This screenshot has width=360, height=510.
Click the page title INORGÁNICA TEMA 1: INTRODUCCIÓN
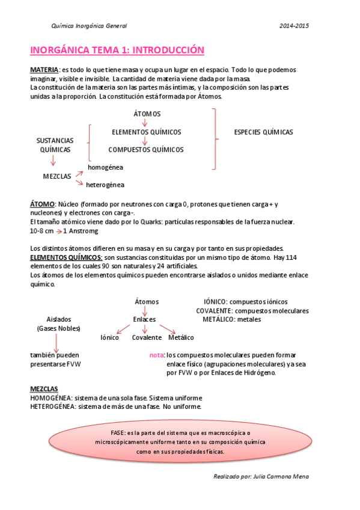point(117,50)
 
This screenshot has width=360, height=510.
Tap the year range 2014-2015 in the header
point(294,26)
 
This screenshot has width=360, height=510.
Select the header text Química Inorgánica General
point(89,26)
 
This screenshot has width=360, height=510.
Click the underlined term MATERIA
point(44,70)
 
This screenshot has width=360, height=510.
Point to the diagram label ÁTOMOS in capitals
point(147,114)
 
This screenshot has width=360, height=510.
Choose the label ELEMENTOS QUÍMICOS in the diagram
point(147,132)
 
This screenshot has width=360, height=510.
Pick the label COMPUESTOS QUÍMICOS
point(146,149)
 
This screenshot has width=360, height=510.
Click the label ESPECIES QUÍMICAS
point(263,132)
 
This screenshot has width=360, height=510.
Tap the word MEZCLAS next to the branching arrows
point(57,177)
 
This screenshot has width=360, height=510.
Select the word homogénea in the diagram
point(105,167)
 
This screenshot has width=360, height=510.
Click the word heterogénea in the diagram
point(105,185)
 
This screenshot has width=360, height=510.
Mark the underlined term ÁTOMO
point(42,204)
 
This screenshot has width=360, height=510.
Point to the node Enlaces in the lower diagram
point(144,319)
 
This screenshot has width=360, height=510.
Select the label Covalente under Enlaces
point(147,337)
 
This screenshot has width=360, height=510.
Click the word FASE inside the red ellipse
point(118,433)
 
